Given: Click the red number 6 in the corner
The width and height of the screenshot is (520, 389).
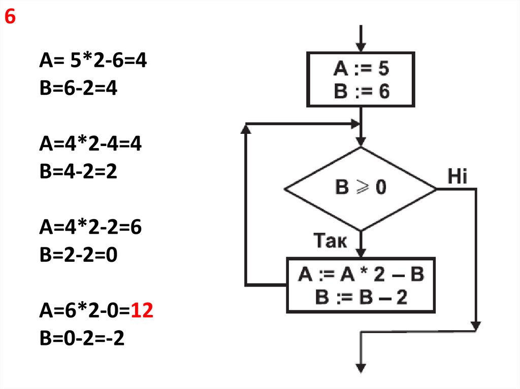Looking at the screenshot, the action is [10, 16].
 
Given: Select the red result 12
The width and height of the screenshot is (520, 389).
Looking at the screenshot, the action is [142, 310].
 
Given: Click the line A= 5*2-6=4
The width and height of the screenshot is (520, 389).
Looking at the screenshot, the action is [93, 60].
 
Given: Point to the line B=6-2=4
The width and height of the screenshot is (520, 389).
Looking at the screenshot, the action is [78, 88].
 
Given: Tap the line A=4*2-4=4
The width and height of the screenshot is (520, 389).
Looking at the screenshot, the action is [90, 144].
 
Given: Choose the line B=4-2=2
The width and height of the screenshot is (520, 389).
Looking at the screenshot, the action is [78, 171].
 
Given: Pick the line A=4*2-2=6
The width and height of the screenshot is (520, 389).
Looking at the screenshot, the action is [90, 227].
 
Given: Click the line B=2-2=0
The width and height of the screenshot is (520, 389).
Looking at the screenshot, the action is [79, 255].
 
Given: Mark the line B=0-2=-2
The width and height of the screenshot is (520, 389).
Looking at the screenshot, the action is [82, 338].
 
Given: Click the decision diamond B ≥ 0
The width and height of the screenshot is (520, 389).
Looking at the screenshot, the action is [361, 189].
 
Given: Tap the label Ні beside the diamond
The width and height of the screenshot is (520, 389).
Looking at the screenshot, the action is [458, 176].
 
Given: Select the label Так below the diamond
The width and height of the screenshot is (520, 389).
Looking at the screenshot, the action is [330, 240].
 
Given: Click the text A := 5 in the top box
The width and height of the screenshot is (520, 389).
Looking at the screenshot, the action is [361, 68].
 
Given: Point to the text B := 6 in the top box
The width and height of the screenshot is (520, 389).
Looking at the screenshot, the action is [362, 91].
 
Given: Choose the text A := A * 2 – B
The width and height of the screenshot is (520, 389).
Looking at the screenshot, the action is [361, 274].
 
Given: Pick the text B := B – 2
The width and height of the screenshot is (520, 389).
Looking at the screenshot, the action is [361, 297].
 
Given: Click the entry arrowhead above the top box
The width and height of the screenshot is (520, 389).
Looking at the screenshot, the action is [361, 48].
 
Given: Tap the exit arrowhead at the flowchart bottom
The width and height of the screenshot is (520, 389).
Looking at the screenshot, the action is [361, 368].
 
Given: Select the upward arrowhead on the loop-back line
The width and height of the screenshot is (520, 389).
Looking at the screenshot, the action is [245, 129].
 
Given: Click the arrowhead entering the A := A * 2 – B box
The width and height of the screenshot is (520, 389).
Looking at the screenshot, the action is [361, 253].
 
